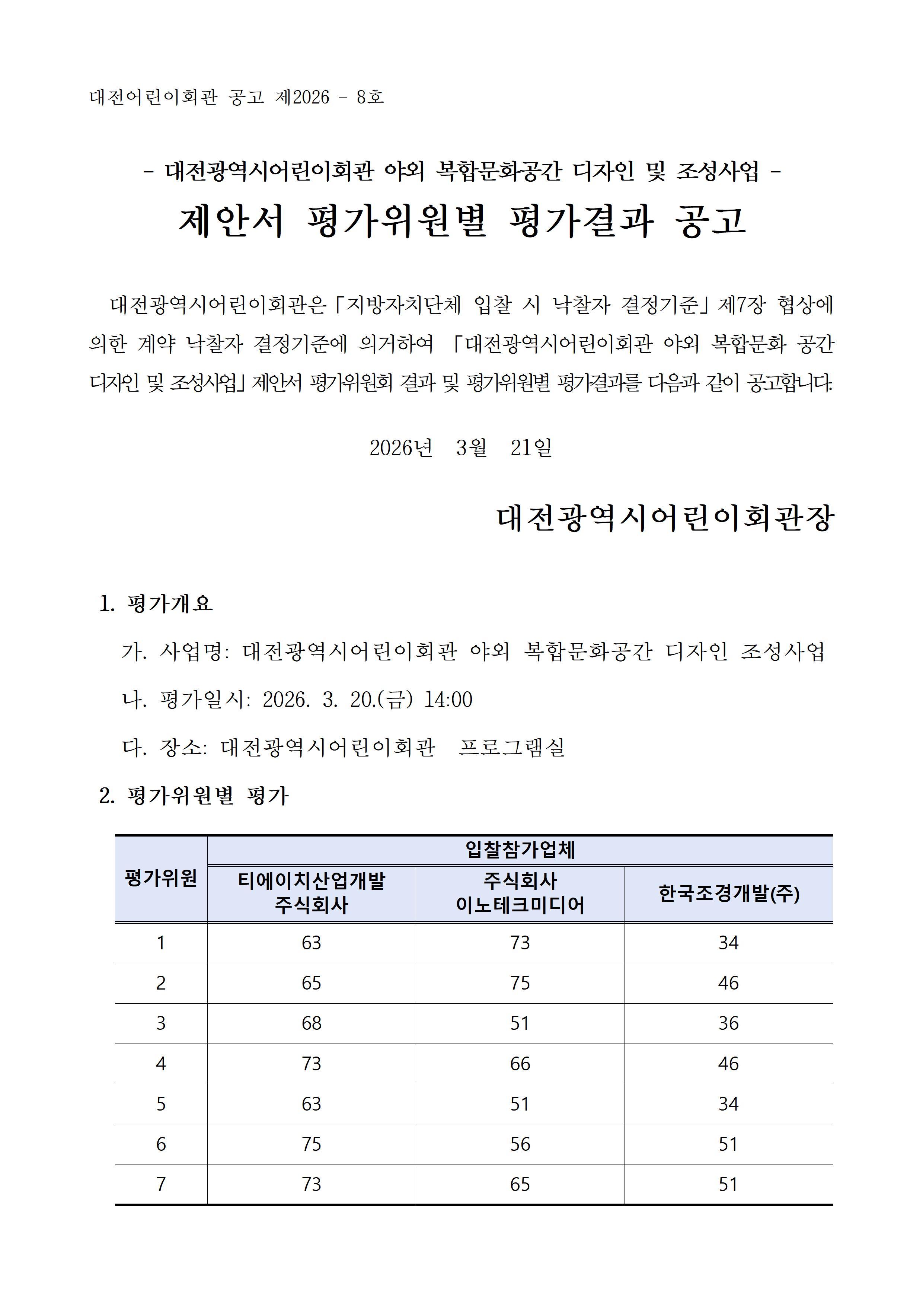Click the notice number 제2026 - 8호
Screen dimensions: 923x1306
click(329, 97)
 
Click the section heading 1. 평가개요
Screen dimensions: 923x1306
click(156, 603)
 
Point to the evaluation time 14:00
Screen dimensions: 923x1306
click(448, 700)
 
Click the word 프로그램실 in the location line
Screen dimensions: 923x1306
click(512, 747)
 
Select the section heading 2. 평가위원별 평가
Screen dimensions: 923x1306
click(194, 796)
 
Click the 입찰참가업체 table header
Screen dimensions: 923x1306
click(520, 850)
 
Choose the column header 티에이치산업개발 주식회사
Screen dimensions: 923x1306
click(311, 893)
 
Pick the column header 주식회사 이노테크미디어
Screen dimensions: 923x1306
click(520, 893)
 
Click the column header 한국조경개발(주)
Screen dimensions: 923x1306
click(728, 894)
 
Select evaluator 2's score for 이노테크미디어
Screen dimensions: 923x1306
click(520, 983)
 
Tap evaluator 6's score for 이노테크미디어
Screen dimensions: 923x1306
click(520, 1144)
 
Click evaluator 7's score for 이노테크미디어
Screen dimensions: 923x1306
click(520, 1184)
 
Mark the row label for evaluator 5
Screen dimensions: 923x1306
click(161, 1103)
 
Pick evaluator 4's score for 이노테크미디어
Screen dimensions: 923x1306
click(520, 1064)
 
